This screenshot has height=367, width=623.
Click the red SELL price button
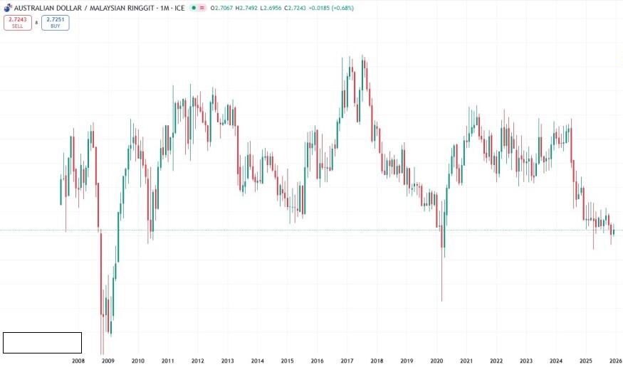(x=17, y=22)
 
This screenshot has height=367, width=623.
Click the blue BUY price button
(x=55, y=22)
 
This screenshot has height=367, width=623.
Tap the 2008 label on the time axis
(x=78, y=361)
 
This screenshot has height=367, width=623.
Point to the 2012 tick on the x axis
(x=198, y=361)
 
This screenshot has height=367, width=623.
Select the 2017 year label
(x=347, y=361)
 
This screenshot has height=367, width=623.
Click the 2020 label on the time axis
(x=437, y=361)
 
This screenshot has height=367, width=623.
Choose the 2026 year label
(x=615, y=361)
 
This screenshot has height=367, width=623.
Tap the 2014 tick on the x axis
(x=258, y=361)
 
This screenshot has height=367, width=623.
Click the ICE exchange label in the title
(x=180, y=8)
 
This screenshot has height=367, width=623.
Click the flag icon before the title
(x=7, y=8)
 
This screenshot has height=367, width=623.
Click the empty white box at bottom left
(x=42, y=343)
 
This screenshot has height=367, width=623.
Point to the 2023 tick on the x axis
(x=526, y=361)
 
